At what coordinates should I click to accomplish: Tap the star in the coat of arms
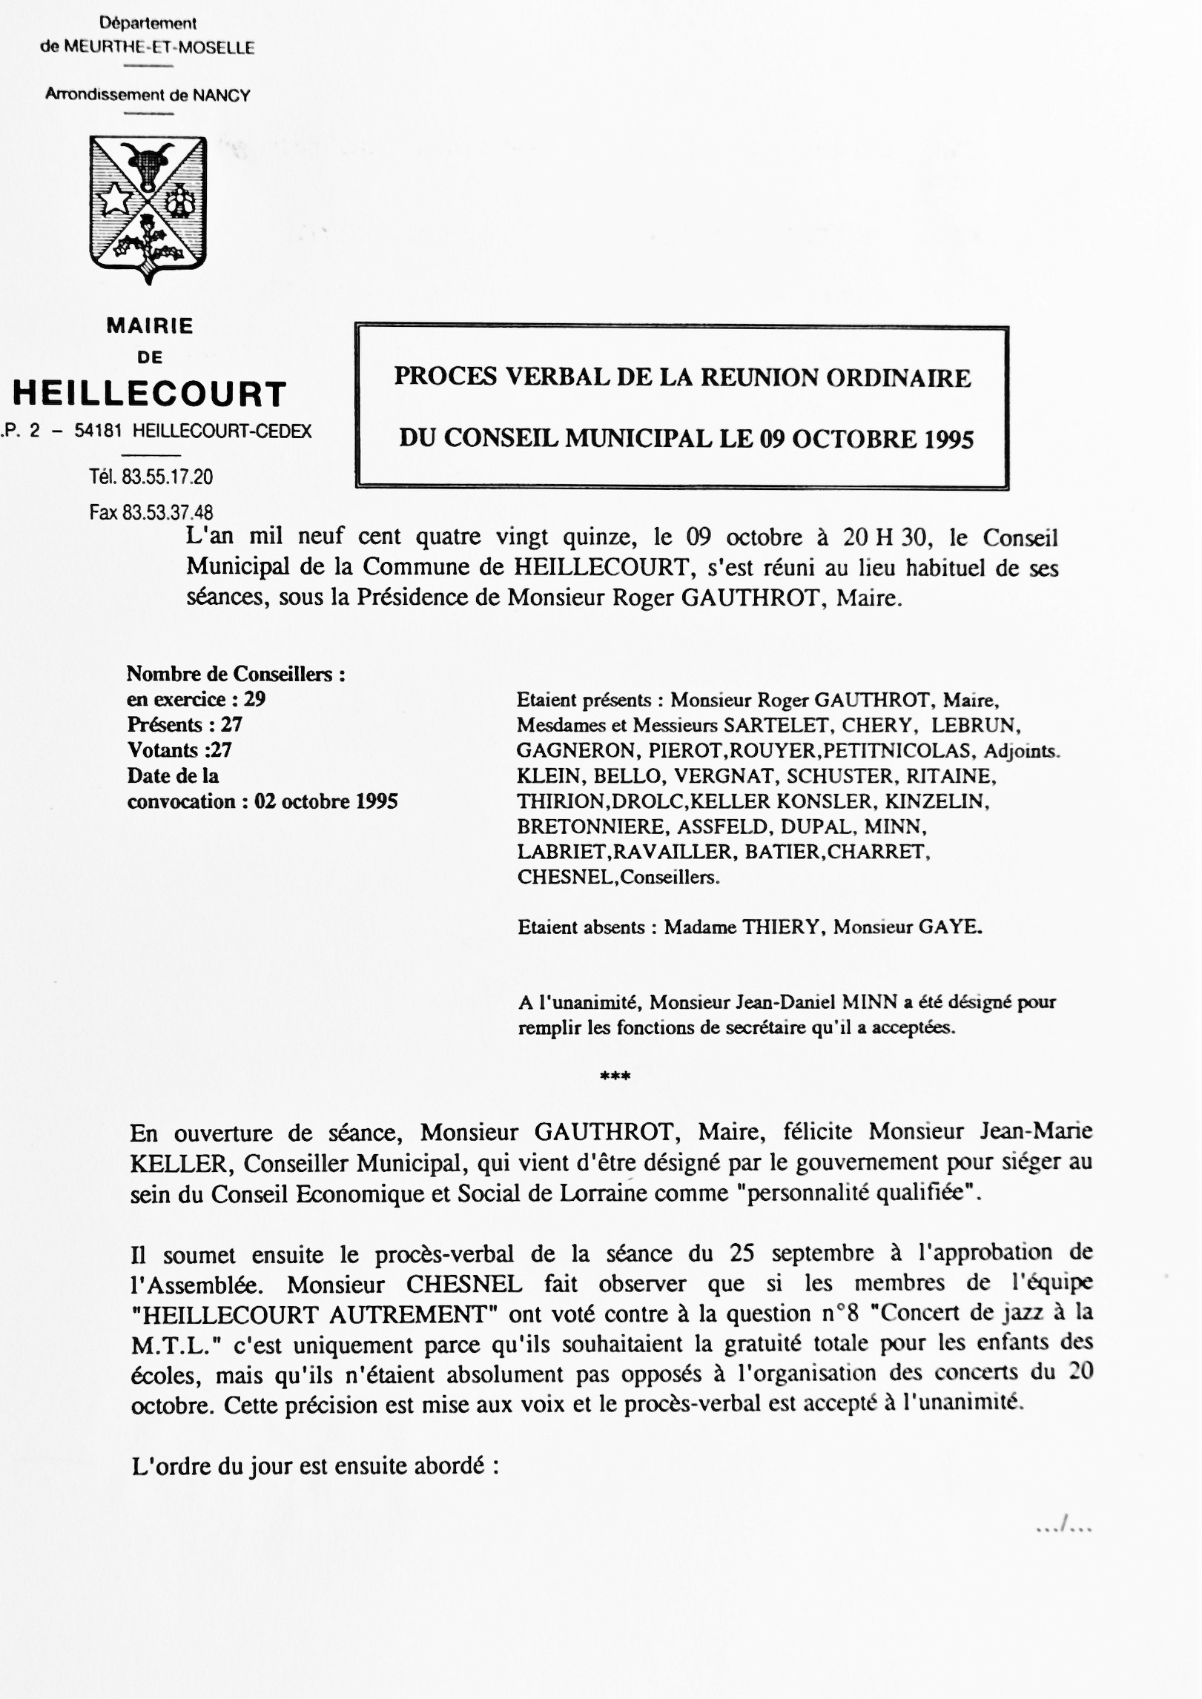116,199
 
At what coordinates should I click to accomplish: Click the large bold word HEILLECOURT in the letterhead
150,394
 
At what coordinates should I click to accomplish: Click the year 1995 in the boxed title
948,440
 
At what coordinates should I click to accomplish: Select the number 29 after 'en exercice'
254,699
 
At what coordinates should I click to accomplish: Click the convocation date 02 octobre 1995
326,801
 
